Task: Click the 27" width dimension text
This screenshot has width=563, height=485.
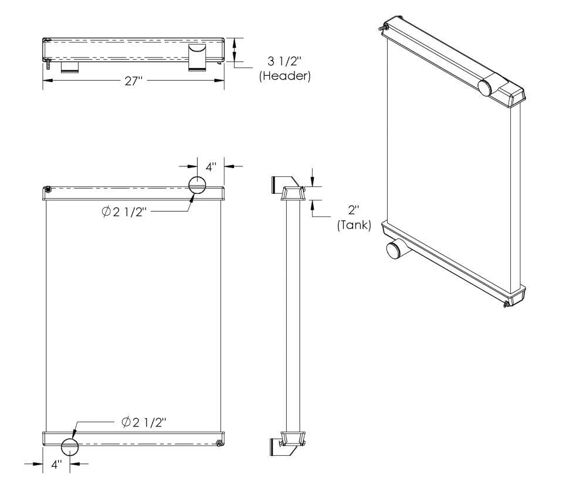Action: pyautogui.click(x=134, y=81)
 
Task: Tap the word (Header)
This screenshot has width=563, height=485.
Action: pyautogui.click(x=285, y=76)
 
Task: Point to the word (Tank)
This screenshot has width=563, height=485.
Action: pyautogui.click(x=354, y=225)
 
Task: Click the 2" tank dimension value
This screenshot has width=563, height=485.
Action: pyautogui.click(x=354, y=210)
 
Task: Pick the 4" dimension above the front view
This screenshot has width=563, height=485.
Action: pyautogui.click(x=211, y=167)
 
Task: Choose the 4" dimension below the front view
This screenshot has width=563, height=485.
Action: pyautogui.click(x=57, y=464)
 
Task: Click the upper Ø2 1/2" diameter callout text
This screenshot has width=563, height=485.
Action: pyautogui.click(x=124, y=213)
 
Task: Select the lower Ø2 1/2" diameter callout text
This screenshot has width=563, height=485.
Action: pyautogui.click(x=144, y=422)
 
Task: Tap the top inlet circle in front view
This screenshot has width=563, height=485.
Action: pyautogui.click(x=198, y=185)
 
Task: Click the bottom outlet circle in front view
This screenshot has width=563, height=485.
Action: pyautogui.click(x=70, y=447)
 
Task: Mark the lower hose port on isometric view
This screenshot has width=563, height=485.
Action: pyautogui.click(x=395, y=249)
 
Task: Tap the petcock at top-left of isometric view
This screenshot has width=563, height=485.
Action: pyautogui.click(x=384, y=28)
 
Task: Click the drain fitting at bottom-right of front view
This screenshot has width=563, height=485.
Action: pyautogui.click(x=218, y=444)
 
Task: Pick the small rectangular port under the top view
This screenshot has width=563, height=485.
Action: pyautogui.click(x=70, y=67)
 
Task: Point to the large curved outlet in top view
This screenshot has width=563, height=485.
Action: pyautogui.click(x=197, y=57)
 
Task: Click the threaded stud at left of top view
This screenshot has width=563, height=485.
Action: pyautogui.click(x=48, y=64)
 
